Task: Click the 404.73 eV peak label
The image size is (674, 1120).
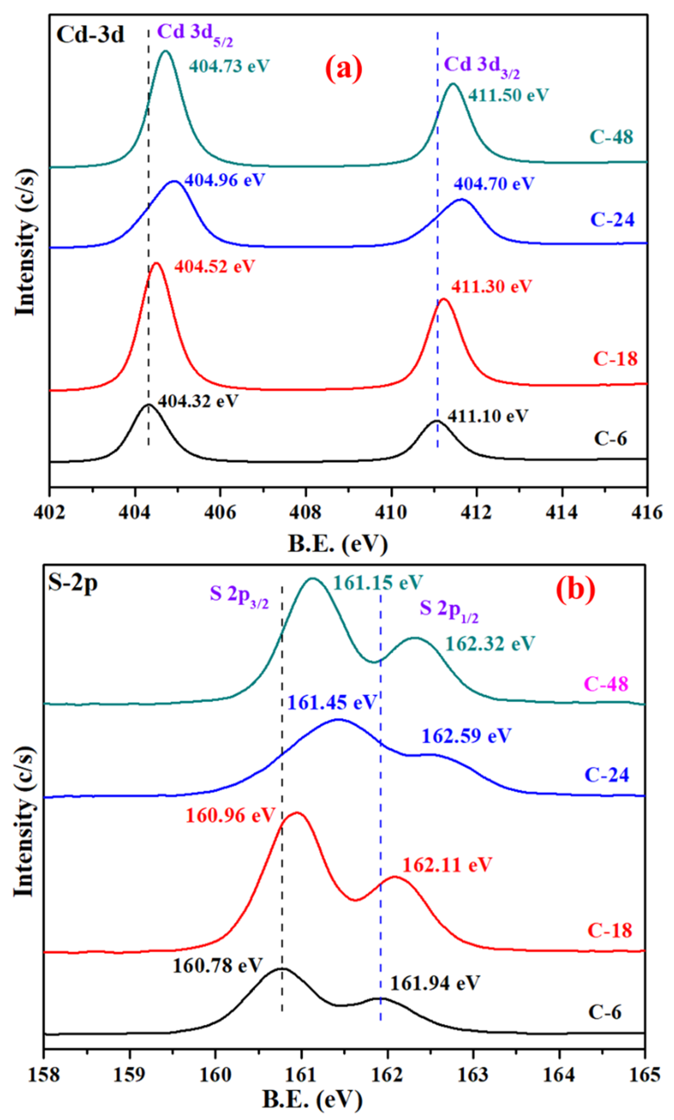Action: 229,66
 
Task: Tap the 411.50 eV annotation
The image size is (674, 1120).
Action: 508,95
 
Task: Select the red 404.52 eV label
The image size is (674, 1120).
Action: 214,266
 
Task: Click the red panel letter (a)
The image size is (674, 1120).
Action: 344,69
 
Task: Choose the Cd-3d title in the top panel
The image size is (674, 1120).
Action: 90,35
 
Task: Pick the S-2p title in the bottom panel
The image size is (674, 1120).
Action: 73,583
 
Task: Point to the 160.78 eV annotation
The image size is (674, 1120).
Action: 217,966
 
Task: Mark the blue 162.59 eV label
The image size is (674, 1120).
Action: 466,735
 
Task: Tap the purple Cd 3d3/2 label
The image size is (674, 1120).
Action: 482,65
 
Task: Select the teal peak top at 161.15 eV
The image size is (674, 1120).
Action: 312,579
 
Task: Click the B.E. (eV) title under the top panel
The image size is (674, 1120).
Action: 337,543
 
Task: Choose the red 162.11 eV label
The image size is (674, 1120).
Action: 447,865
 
